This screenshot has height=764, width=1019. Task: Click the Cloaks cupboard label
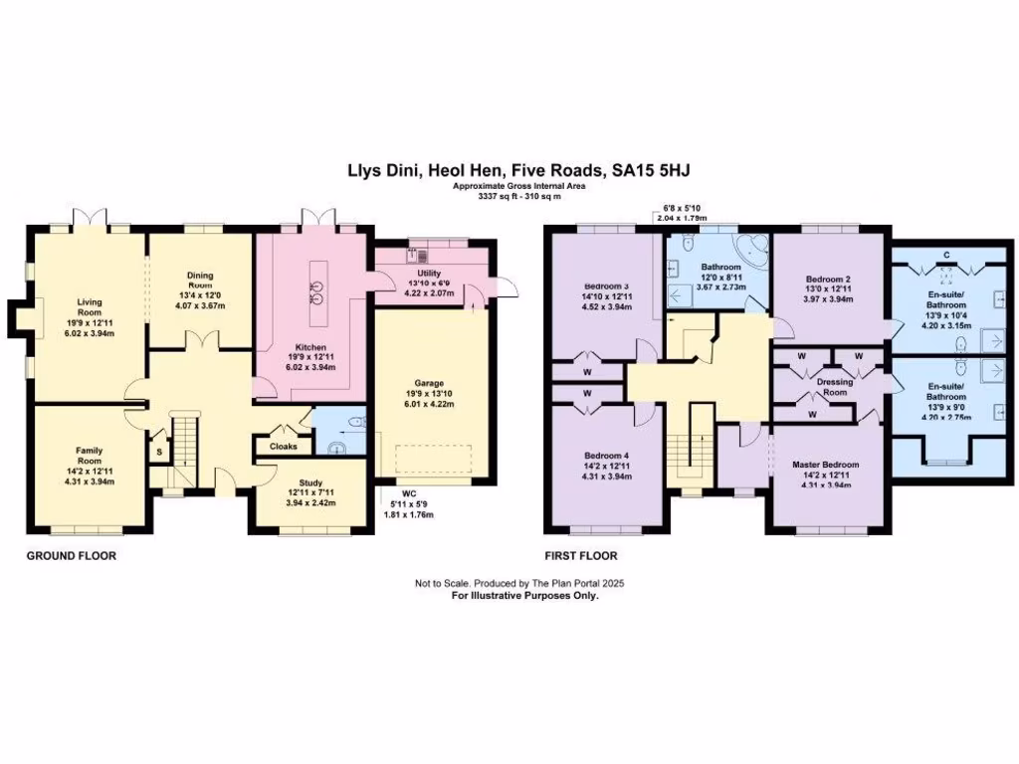[284, 447]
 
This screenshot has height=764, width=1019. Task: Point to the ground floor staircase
[185, 442]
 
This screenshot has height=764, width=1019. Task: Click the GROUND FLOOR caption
[71, 556]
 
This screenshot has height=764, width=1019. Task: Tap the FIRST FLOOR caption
[580, 556]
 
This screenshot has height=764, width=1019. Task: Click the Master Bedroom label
[826, 465]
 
